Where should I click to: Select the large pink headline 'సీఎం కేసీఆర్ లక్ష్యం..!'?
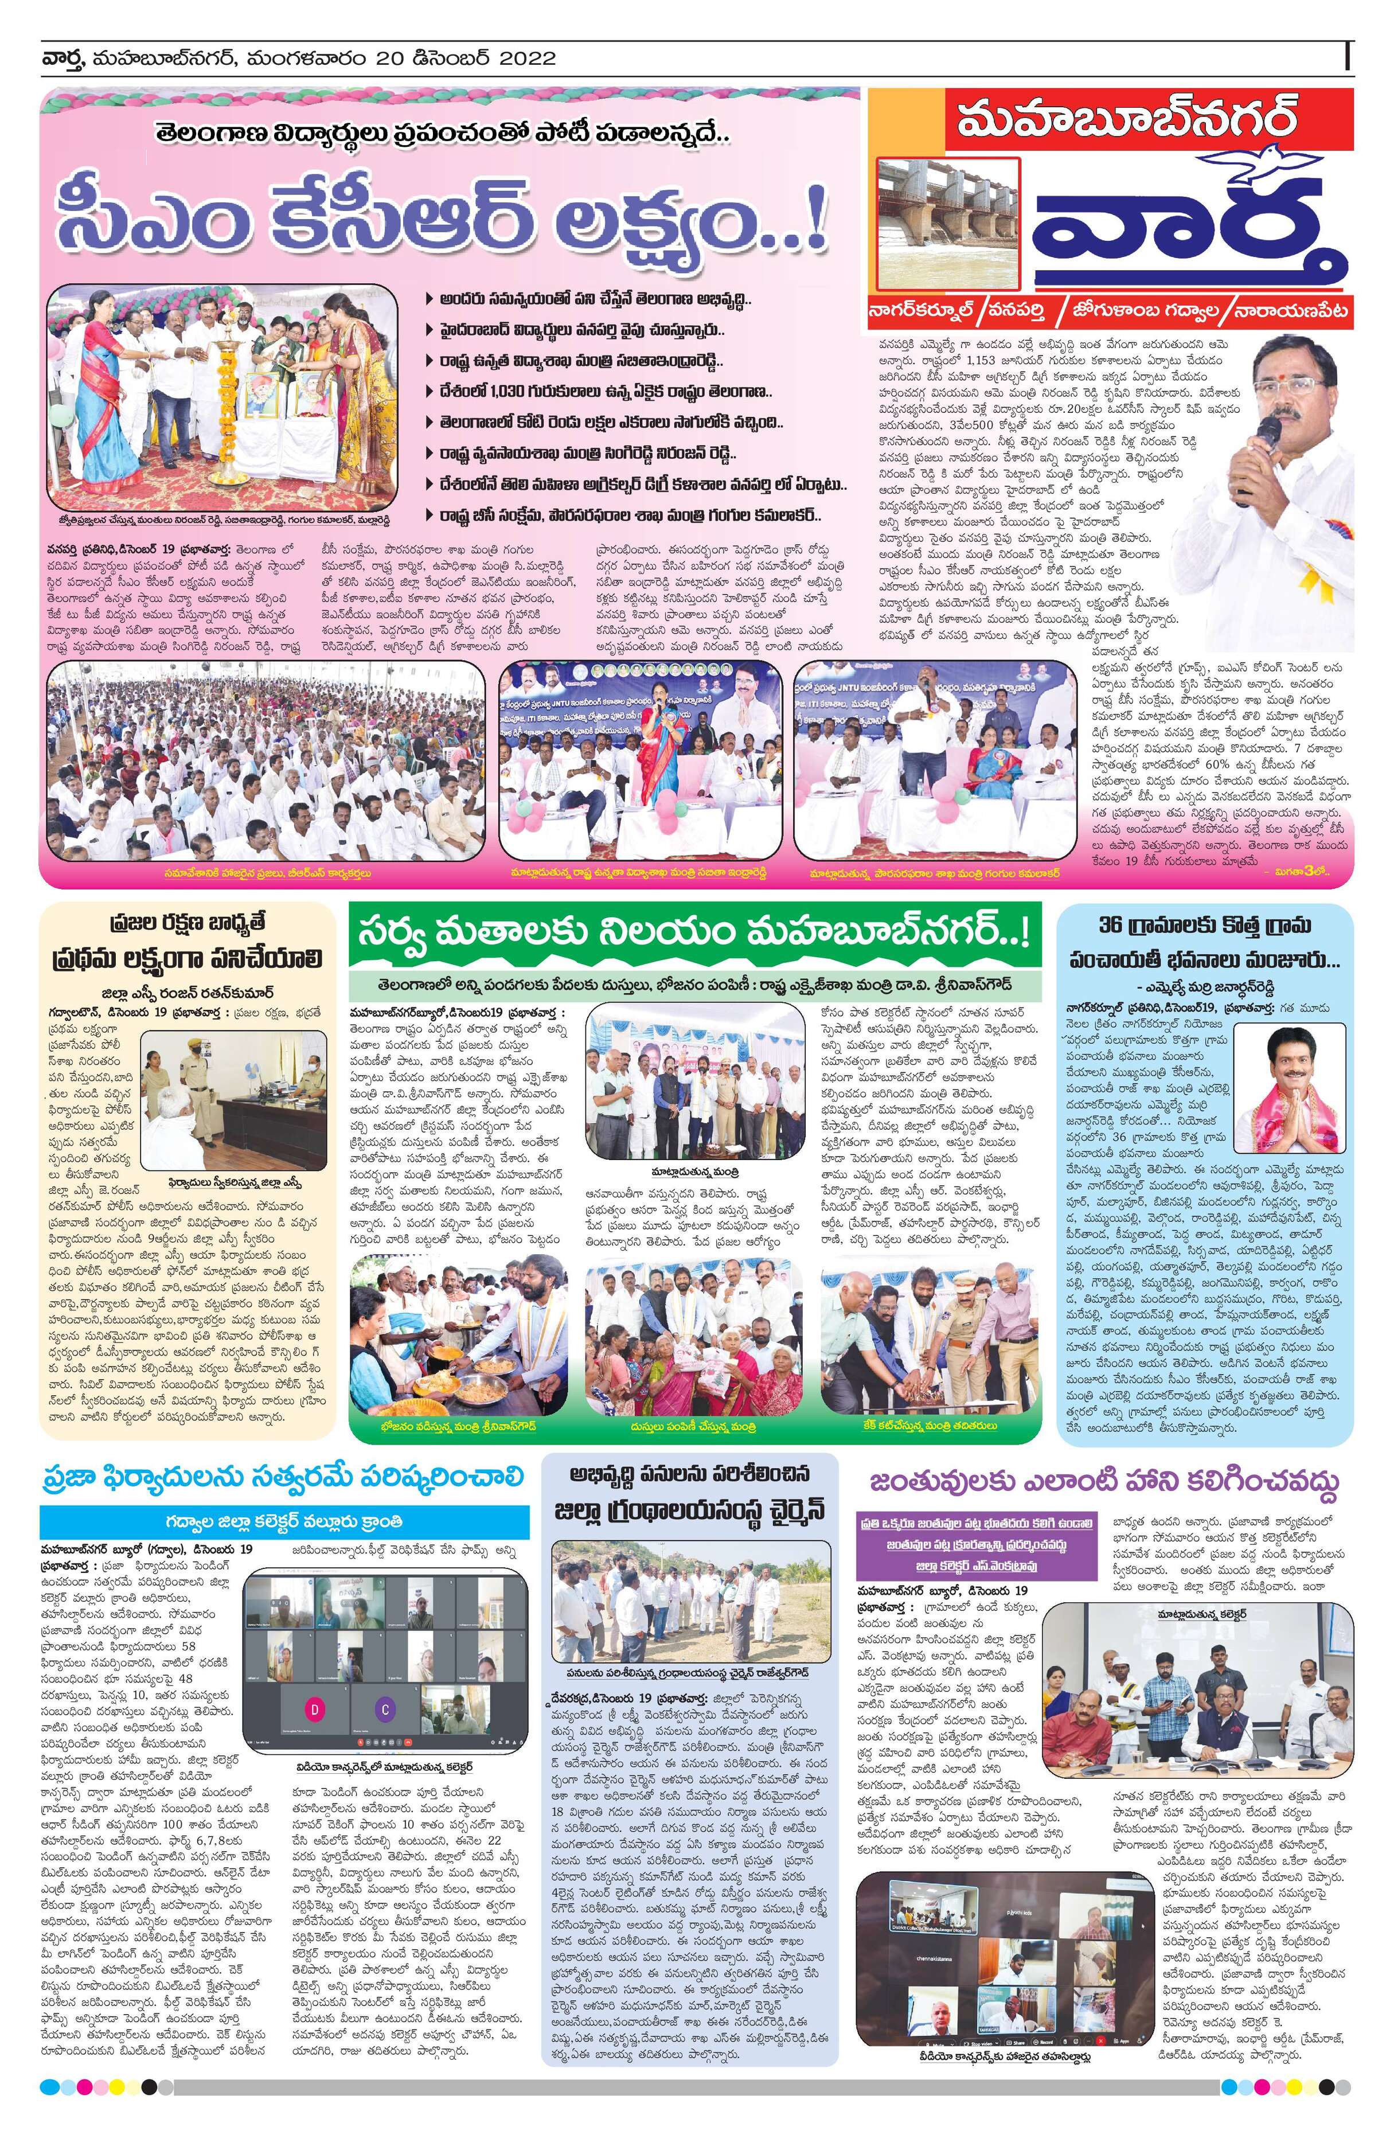447,218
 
